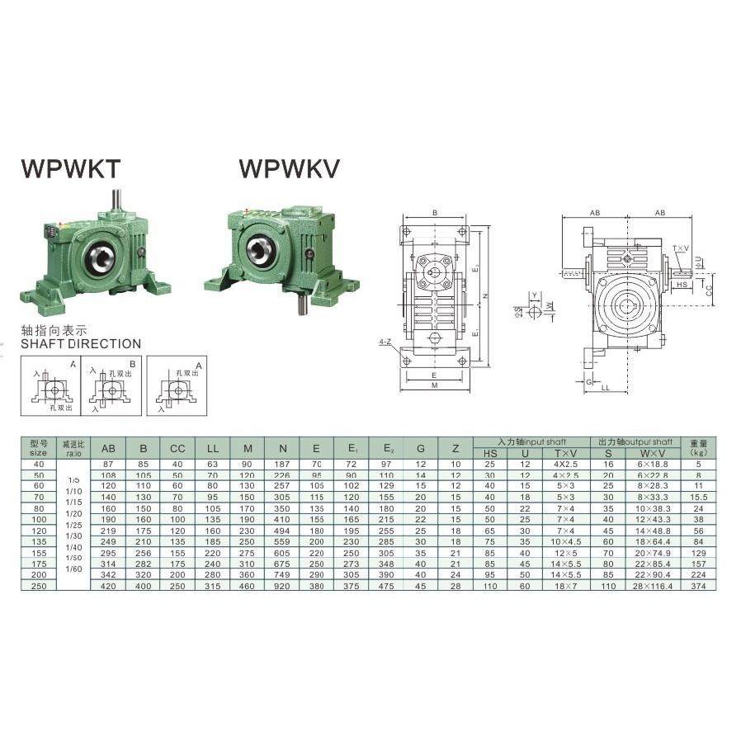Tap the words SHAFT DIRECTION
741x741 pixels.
[81, 343]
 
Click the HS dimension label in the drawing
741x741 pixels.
[682, 284]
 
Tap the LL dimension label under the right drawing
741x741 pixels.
[606, 387]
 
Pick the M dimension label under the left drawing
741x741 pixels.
[434, 385]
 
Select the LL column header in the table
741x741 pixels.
[213, 448]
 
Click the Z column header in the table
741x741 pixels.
[455, 448]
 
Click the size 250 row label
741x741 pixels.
[38, 585]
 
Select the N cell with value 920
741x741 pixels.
[282, 585]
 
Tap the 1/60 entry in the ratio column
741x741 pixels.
[73, 569]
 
